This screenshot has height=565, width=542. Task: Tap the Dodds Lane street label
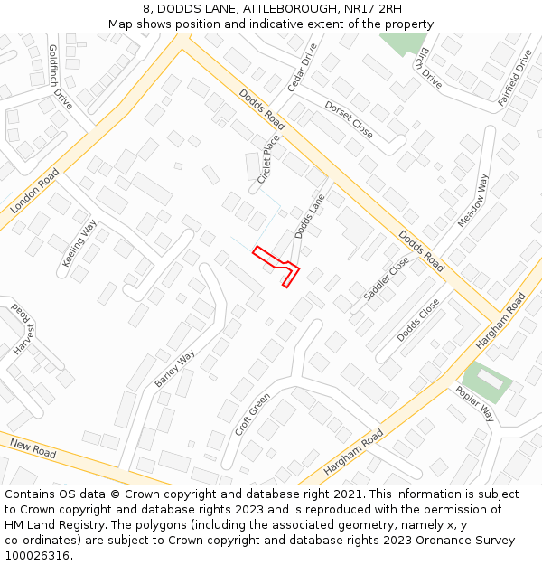pyautogui.click(x=309, y=221)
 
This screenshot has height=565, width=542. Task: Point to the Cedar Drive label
pyautogui.click(x=303, y=67)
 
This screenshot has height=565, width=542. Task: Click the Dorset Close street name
pyautogui.click(x=349, y=118)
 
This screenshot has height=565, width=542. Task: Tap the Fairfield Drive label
pyautogui.click(x=516, y=78)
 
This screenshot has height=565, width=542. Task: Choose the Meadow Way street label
pyautogui.click(x=472, y=200)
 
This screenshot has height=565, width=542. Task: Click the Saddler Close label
pyautogui.click(x=387, y=278)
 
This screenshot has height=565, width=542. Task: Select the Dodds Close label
pyautogui.click(x=418, y=319)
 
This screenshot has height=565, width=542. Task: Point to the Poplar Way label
pyautogui.click(x=474, y=403)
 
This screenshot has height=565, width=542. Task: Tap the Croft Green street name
pyautogui.click(x=252, y=414)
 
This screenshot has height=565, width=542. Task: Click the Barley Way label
pyautogui.click(x=174, y=369)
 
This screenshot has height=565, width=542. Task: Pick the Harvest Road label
pyautogui.click(x=22, y=328)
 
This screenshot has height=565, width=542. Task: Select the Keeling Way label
pyautogui.click(x=79, y=243)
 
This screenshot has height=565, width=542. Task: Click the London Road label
pyautogui.click(x=34, y=191)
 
